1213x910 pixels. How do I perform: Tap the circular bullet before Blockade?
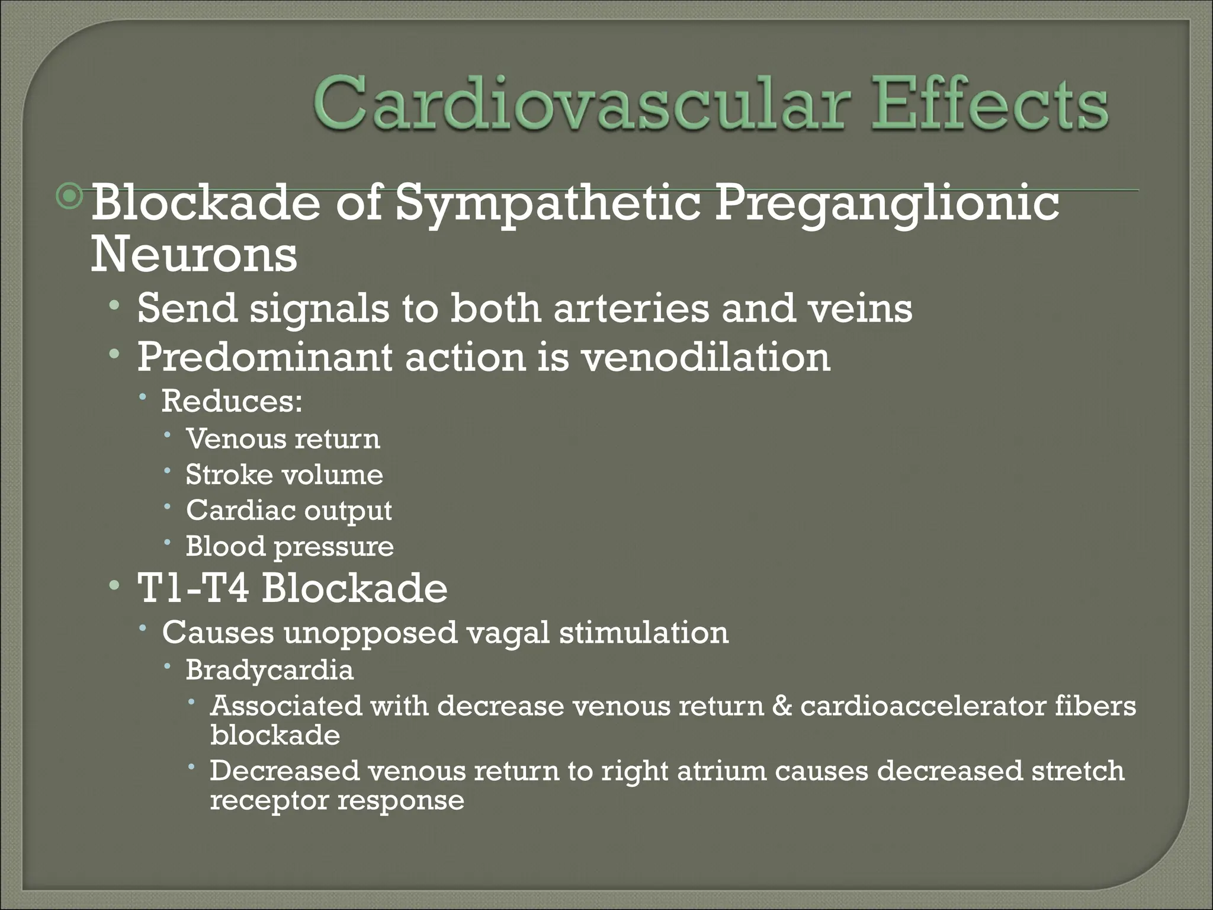pyautogui.click(x=71, y=197)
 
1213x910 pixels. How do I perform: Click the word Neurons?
pyautogui.click(x=194, y=254)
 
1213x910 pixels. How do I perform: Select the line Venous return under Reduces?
pyautogui.click(x=283, y=439)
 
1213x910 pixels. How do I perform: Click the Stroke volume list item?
pyautogui.click(x=284, y=475)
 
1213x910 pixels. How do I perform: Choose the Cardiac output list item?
pyautogui.click(x=289, y=511)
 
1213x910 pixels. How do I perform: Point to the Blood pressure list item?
pyautogui.click(x=290, y=546)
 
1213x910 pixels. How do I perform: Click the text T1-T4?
pyautogui.click(x=192, y=588)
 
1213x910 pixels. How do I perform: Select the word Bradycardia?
pyautogui.click(x=269, y=670)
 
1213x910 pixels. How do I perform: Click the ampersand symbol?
pyautogui.click(x=782, y=706)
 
